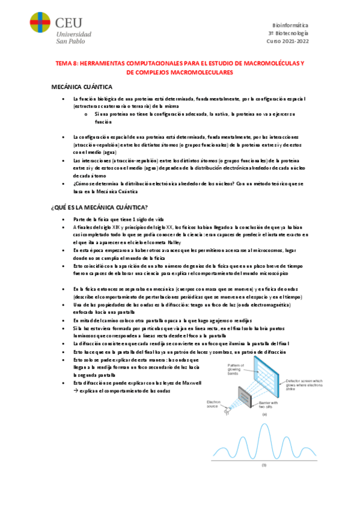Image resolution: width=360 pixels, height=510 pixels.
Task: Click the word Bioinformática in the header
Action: [289, 26]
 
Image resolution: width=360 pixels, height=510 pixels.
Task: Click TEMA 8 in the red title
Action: [66, 63]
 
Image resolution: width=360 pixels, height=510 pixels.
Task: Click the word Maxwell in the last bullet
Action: [192, 382]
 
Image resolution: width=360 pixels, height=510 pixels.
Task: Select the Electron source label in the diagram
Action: [215, 404]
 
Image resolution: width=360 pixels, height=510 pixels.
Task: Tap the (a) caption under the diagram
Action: [264, 414]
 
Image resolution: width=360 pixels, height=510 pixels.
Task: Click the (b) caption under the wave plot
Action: [263, 465]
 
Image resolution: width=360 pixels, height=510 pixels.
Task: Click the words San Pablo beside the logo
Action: [71, 41]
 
